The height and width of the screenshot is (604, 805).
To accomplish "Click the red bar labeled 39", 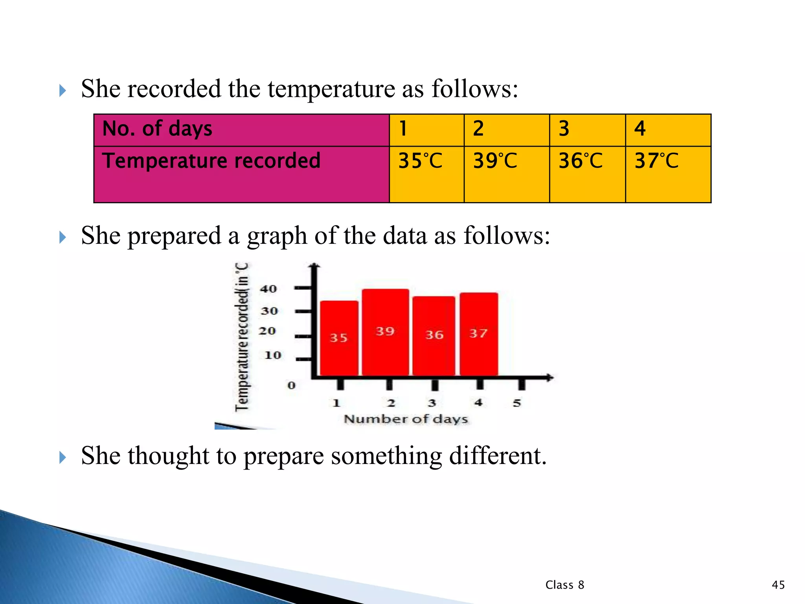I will [385, 332].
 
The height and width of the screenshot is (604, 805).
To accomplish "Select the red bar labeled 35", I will [339, 338].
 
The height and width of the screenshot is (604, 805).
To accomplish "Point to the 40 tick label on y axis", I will [268, 289].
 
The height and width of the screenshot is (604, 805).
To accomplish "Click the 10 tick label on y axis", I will [273, 355].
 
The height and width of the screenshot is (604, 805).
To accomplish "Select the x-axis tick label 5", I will [517, 403].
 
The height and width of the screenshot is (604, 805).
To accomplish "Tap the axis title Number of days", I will [406, 419].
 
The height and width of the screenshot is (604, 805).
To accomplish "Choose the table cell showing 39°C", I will [506, 174].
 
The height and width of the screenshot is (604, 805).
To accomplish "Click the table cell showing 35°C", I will [426, 174].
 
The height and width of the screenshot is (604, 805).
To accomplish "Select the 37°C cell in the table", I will [668, 174].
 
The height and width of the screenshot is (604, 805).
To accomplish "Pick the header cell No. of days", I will [241, 130].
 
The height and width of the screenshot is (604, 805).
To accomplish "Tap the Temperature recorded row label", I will [241, 174].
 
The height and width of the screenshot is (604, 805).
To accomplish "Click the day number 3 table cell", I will [587, 130].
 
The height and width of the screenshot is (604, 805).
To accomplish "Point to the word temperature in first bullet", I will [331, 88].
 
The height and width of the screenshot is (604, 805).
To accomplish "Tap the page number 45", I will [778, 585].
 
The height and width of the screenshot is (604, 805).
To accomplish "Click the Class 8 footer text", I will [564, 585].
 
